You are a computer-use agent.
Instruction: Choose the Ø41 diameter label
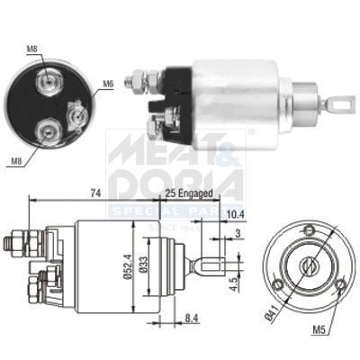click(x=271, y=312)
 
